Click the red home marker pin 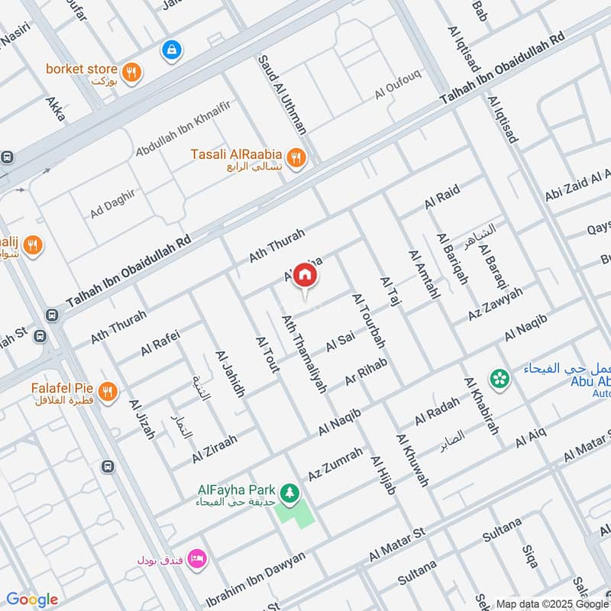(305, 273)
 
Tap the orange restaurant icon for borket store (132, 73)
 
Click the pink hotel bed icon (197, 559)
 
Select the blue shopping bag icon (171, 50)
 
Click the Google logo (32, 600)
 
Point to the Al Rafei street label (160, 341)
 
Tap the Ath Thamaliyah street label (304, 354)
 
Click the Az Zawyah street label (496, 305)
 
